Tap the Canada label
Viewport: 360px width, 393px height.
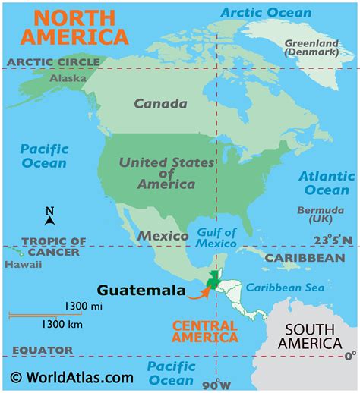point(160,103)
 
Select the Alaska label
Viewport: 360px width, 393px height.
point(68,77)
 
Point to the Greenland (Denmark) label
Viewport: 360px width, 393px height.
point(311,49)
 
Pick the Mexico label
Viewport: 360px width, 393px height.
point(163,236)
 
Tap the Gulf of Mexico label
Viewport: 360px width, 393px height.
point(216,237)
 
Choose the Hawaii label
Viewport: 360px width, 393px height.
point(17,265)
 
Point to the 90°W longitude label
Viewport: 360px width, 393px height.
point(216,383)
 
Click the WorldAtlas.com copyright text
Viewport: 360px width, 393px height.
point(72,377)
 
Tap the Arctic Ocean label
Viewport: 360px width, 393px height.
point(265,12)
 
